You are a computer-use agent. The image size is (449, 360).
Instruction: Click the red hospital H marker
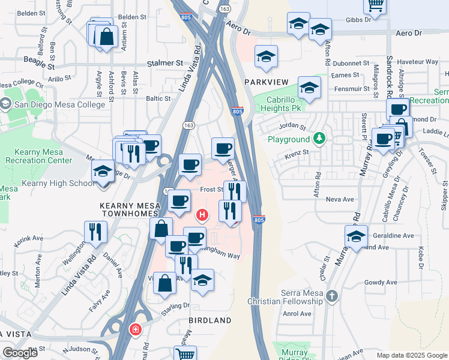[x=203, y=214]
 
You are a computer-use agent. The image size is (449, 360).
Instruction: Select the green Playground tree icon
[x=321, y=139]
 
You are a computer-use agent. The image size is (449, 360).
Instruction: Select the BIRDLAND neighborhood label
[x=210, y=321]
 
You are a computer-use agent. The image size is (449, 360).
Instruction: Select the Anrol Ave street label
[x=297, y=313]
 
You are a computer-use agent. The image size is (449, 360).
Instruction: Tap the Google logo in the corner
[x=20, y=353]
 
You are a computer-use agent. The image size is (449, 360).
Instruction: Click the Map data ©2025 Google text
[x=411, y=355]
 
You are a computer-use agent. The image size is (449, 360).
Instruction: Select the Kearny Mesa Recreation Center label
[x=38, y=156]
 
